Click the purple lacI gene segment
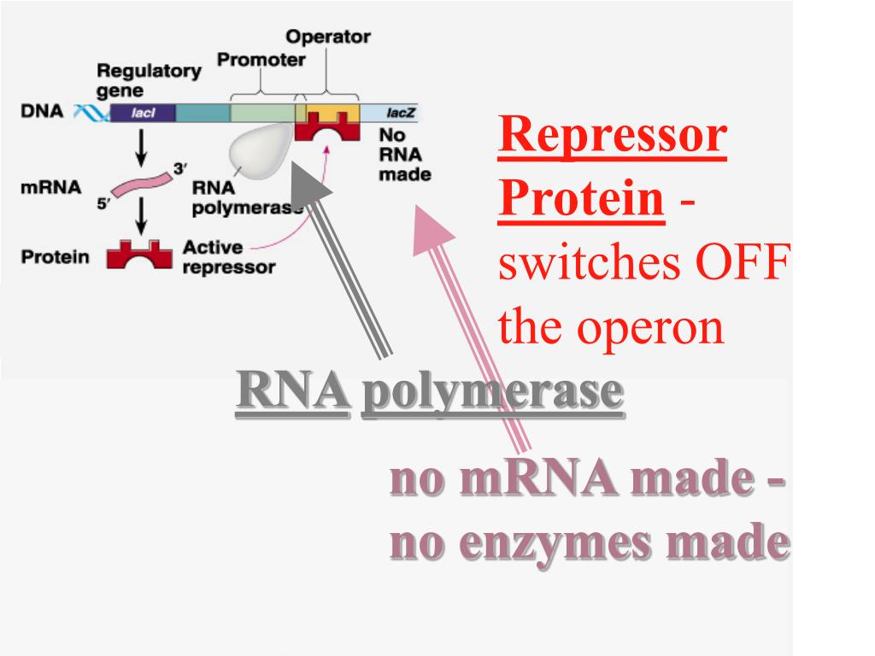click(x=143, y=113)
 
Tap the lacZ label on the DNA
click(x=400, y=113)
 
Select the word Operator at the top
click(x=328, y=37)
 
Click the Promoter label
click(x=261, y=60)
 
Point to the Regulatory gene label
click(x=149, y=80)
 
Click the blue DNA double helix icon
click(x=91, y=113)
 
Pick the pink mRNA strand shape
click(x=142, y=184)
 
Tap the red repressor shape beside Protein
click(x=139, y=255)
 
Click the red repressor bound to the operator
click(x=327, y=126)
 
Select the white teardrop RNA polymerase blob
click(x=260, y=149)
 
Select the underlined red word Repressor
click(x=612, y=135)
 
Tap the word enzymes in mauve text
click(x=558, y=543)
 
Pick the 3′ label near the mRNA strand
click(x=179, y=168)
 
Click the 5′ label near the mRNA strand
click(x=103, y=203)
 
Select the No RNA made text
click(x=404, y=155)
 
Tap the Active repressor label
click(x=229, y=257)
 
